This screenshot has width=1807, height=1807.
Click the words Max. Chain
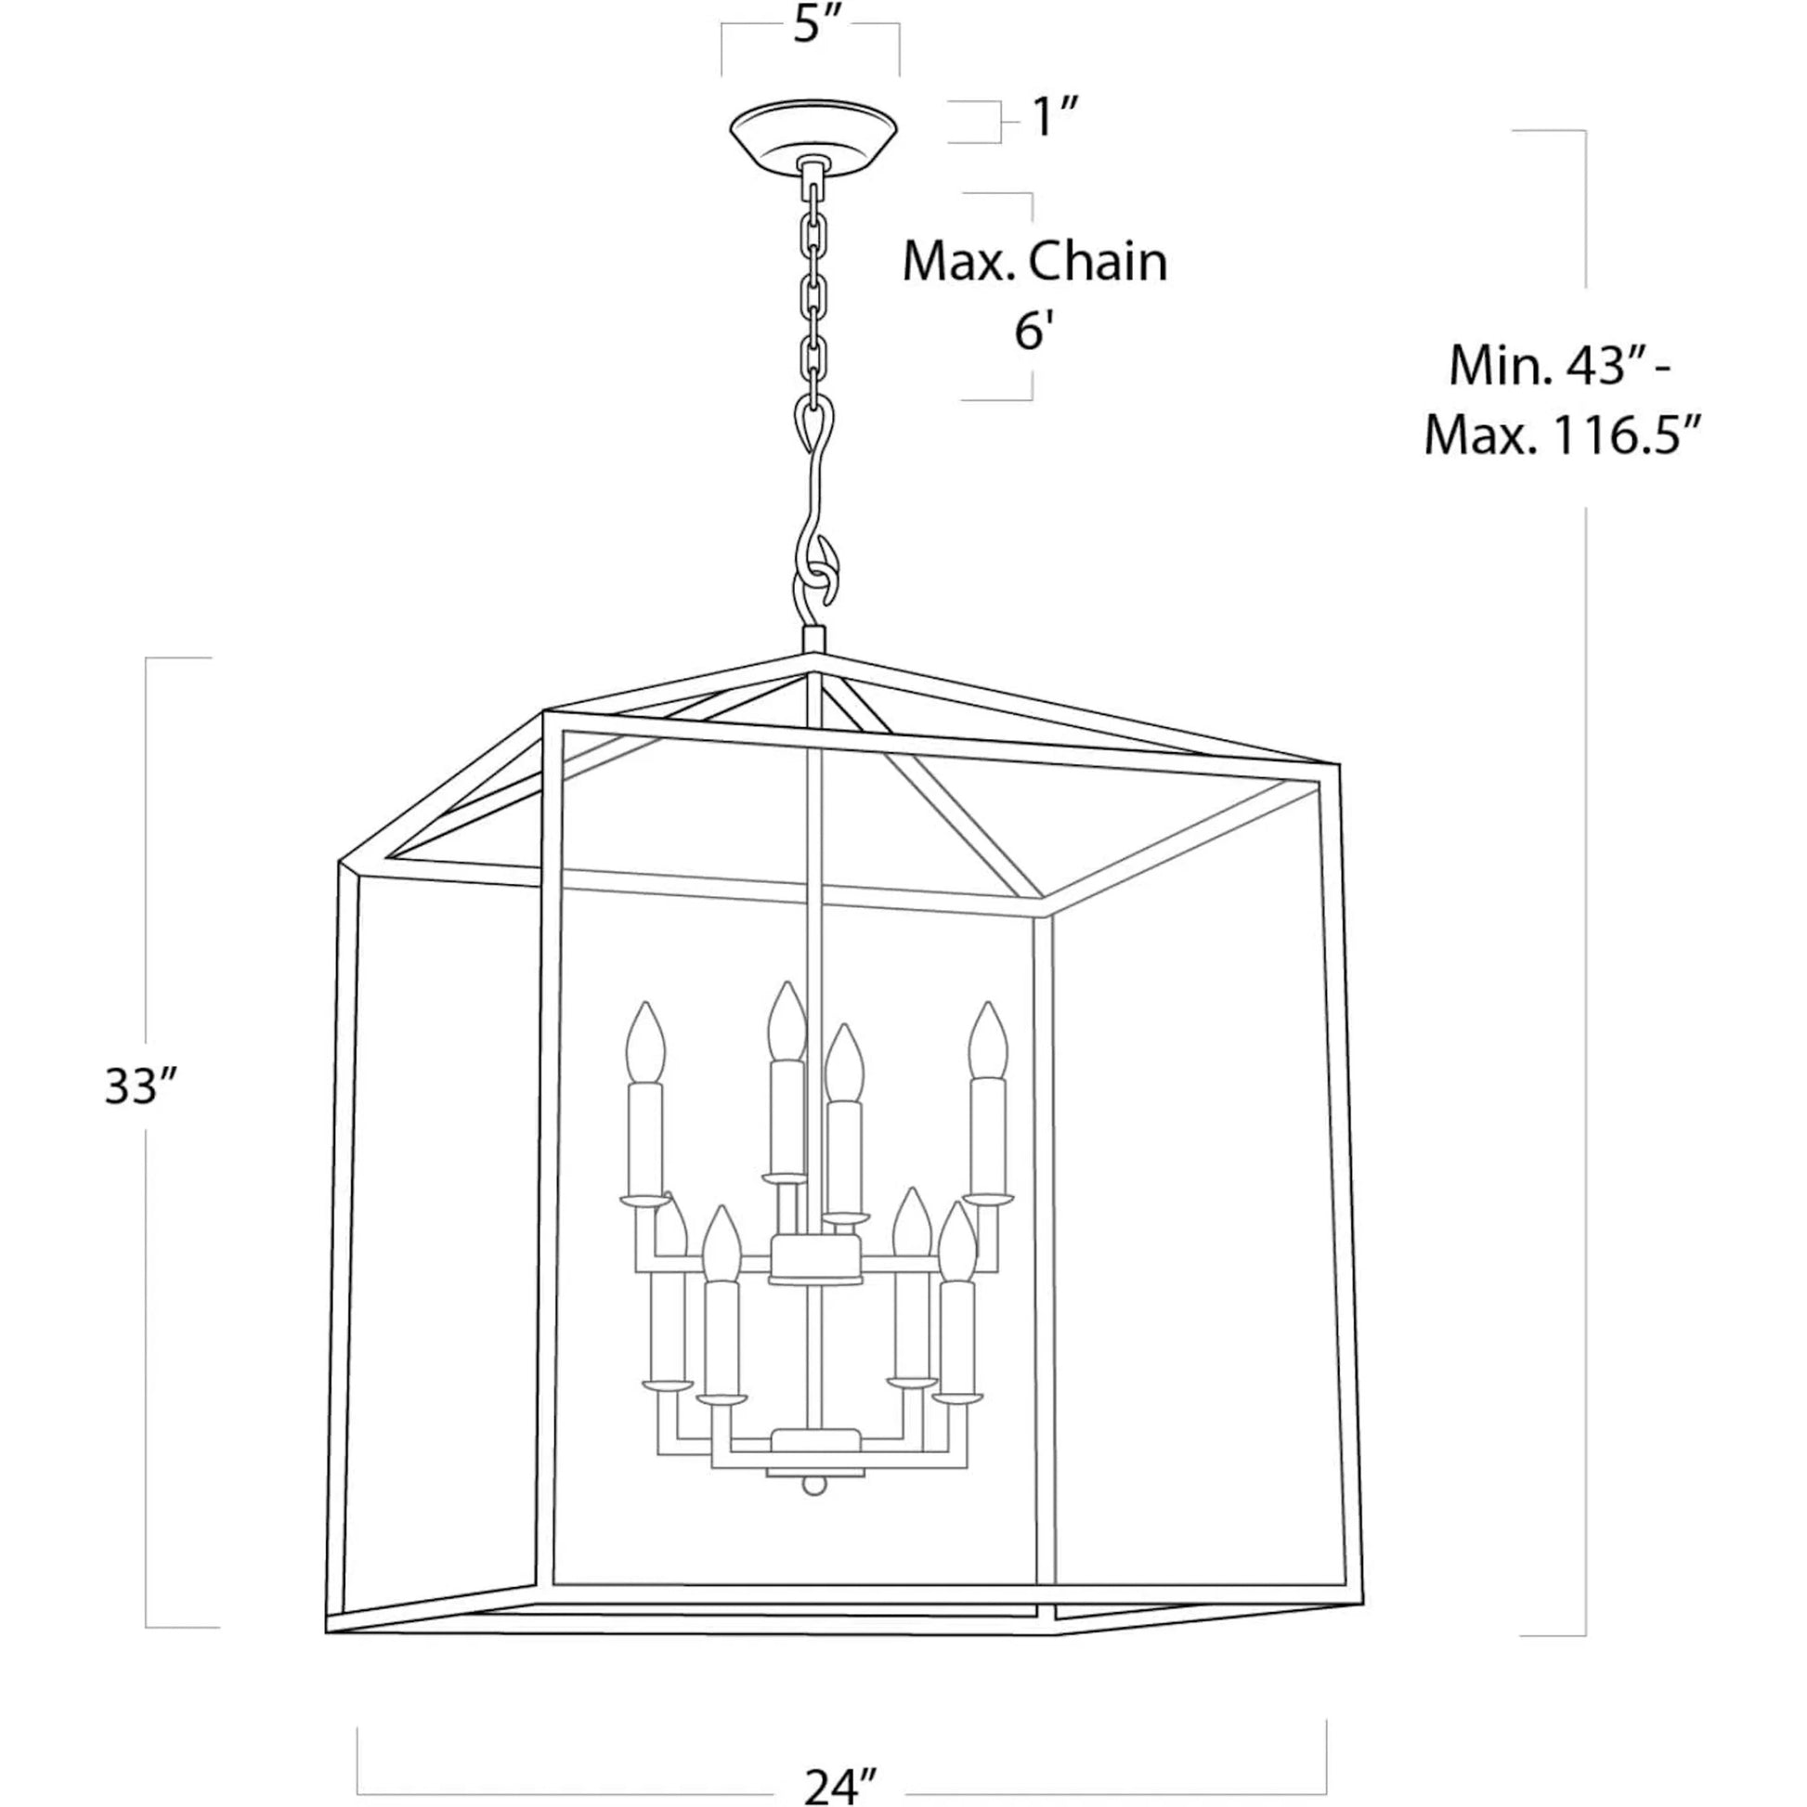point(1035,263)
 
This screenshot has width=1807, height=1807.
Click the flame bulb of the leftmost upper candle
point(645,1041)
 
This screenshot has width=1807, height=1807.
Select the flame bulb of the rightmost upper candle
point(987,1041)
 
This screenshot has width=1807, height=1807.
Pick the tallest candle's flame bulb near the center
point(786,1021)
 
